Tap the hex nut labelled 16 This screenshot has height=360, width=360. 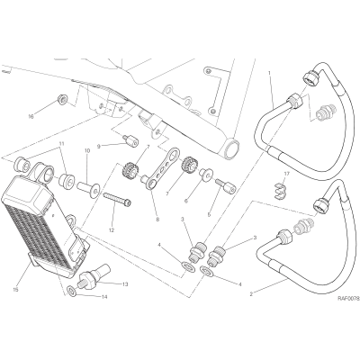(x=62, y=100)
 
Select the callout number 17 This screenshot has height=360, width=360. (x=286, y=174)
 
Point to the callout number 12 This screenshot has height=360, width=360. (x=112, y=222)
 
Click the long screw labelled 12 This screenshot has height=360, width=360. (x=117, y=199)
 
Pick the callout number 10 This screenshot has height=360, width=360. (x=87, y=152)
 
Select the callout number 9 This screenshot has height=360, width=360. (x=98, y=147)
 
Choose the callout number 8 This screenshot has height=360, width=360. (x=157, y=220)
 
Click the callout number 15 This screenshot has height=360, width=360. (x=16, y=290)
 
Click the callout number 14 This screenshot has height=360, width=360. (x=104, y=297)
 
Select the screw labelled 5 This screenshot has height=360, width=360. (x=226, y=185)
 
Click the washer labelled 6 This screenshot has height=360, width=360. (x=207, y=174)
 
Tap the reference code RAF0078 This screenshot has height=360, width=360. (x=348, y=299)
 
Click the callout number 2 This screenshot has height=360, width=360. (x=251, y=294)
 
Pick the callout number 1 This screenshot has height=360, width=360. (x=269, y=73)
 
